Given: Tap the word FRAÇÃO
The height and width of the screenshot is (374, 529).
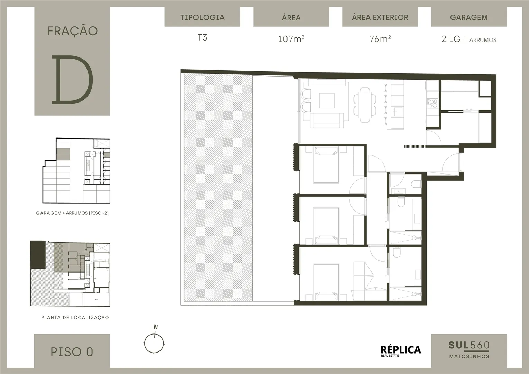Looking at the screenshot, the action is pyautogui.click(x=72, y=31).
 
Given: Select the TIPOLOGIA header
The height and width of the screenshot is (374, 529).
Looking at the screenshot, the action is pyautogui.click(x=202, y=17).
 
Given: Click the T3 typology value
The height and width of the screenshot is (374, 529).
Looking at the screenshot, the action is pyautogui.click(x=202, y=38).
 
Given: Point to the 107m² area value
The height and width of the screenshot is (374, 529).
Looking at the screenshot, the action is pyautogui.click(x=291, y=39).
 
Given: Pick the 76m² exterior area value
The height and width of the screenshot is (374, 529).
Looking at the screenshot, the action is pyautogui.click(x=380, y=39).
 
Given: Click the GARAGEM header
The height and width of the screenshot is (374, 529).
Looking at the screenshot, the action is pyautogui.click(x=469, y=17).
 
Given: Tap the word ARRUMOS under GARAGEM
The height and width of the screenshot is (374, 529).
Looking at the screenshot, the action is pyautogui.click(x=483, y=40).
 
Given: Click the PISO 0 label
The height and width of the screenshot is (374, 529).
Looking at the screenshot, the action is pyautogui.click(x=72, y=352).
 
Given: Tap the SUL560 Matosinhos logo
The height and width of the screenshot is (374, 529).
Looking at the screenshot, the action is pyautogui.click(x=469, y=350).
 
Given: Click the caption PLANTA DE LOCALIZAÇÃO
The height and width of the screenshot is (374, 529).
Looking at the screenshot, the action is pyautogui.click(x=75, y=318).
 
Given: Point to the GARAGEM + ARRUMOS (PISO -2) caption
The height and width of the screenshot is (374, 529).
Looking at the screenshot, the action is pyautogui.click(x=72, y=213).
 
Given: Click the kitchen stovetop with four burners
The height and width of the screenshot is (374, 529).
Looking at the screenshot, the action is pyautogui.click(x=432, y=103).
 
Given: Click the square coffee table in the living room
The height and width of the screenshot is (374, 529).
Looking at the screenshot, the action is pyautogui.click(x=327, y=100).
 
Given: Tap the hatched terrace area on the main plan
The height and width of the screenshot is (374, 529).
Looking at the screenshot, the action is pyautogui.click(x=218, y=187).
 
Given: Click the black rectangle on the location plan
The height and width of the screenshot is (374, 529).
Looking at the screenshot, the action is pyautogui.click(x=38, y=255).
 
